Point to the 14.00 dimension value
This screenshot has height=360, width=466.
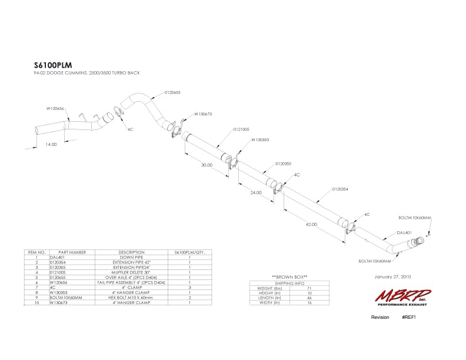52,144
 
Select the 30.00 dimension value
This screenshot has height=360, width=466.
206,165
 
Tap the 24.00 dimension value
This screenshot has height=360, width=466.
255,193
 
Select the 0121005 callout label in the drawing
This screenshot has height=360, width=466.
242,129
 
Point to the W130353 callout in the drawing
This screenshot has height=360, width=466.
260,140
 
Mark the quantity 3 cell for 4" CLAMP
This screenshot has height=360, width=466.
189,288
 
